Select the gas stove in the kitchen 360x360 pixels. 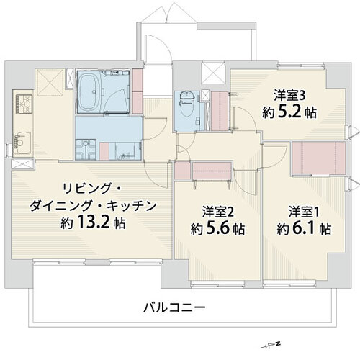pyautogui.click(x=24, y=104)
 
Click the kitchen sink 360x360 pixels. pyautogui.click(x=22, y=143)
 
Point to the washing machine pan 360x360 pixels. pyautogui.click(x=86, y=150)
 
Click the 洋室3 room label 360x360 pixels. pyautogui.click(x=289, y=96)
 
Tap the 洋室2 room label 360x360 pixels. pyautogui.click(x=217, y=212)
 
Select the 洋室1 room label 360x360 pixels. pyautogui.click(x=304, y=212)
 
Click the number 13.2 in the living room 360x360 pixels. pyautogui.click(x=94, y=222)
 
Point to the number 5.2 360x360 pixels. pyautogui.click(x=289, y=112)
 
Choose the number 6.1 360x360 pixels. pyautogui.click(x=304, y=228)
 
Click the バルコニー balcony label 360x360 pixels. pyautogui.click(x=174, y=307)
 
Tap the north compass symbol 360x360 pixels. pyautogui.click(x=271, y=345)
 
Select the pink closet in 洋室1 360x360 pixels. pyautogui.click(x=318, y=158)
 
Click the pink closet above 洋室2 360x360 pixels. pyautogui.click(x=212, y=171)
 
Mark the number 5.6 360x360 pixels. pyautogui.click(x=217, y=228)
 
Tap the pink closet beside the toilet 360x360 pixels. pyautogui.click(x=220, y=111)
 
